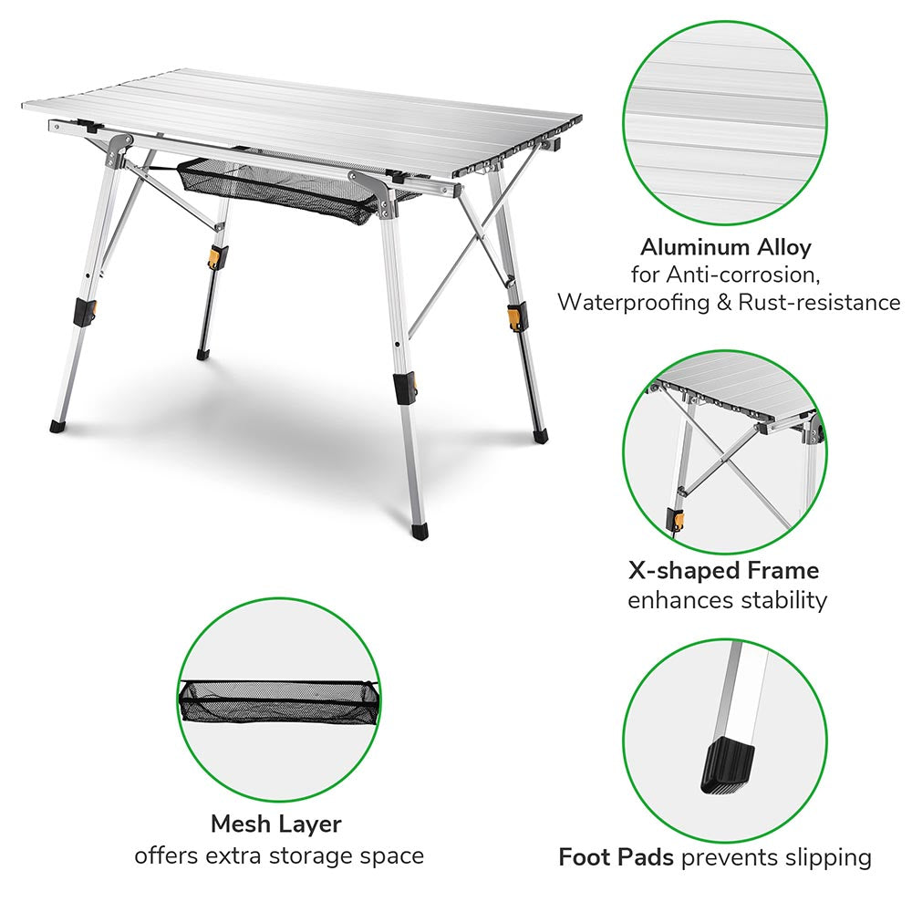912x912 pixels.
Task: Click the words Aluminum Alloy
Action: (x=725, y=247)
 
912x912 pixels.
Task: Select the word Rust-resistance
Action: (x=827, y=302)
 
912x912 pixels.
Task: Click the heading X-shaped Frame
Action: (x=723, y=571)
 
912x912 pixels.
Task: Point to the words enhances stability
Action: (x=727, y=599)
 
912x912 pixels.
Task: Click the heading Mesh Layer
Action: (x=275, y=824)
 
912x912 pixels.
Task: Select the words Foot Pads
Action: (x=616, y=857)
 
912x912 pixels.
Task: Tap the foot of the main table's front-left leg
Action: (x=57, y=424)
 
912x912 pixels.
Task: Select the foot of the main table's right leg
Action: (x=542, y=436)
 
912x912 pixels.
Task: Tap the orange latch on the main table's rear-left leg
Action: (x=216, y=256)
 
